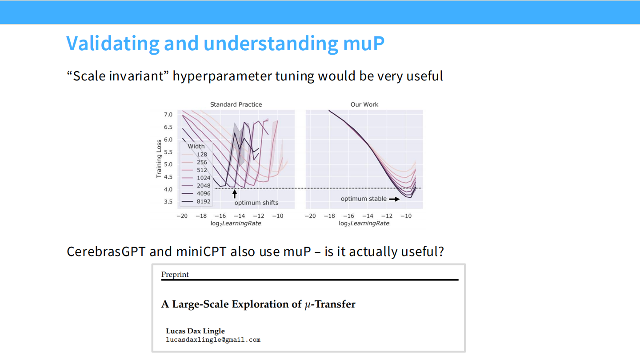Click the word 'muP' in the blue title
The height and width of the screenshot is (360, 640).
pos(364,44)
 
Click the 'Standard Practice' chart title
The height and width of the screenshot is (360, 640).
pos(236,104)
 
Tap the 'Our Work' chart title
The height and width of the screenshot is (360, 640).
pos(364,104)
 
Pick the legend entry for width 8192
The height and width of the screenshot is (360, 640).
pos(196,201)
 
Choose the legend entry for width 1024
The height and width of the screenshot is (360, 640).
pos(196,178)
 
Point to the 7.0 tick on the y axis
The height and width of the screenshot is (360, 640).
pos(168,115)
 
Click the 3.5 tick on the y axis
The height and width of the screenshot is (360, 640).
pos(168,202)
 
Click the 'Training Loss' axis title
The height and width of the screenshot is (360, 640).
pos(159,159)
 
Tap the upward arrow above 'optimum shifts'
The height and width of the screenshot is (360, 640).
pos(235,194)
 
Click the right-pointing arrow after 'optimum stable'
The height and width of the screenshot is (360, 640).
pos(394,199)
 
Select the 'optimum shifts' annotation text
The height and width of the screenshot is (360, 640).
pos(256,203)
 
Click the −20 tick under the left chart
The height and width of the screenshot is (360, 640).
pos(182,216)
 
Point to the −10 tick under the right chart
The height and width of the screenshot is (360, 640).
pos(406,216)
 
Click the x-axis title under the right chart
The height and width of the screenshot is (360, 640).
pos(364,224)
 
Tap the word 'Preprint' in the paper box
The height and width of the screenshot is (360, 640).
pos(175,275)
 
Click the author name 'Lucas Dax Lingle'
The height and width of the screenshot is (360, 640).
pos(196,331)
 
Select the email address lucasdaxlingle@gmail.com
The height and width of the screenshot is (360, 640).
pos(213,340)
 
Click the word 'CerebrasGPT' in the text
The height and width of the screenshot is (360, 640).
pos(106,252)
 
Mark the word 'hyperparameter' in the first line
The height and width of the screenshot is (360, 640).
pos(222,76)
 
